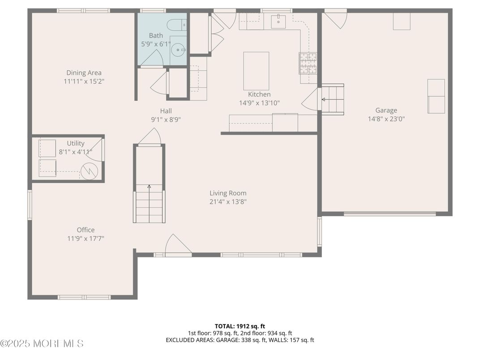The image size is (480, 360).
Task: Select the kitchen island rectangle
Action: click(256, 71)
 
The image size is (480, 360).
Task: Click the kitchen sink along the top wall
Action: click(279, 19)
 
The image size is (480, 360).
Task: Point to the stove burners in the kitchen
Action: click(308, 63)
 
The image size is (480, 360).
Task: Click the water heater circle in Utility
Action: click(89, 170)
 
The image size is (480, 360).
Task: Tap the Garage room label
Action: click(386, 110)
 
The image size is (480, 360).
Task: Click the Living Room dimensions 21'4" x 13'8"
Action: click(228, 201)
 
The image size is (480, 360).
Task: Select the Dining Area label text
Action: click(84, 73)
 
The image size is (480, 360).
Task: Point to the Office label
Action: click(86, 230)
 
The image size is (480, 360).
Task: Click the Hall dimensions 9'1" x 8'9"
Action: click(166, 120)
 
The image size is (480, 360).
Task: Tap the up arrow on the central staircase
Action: click(149, 188)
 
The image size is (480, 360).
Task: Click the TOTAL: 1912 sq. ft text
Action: click(240, 326)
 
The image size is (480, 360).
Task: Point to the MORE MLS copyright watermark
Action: click(42, 343)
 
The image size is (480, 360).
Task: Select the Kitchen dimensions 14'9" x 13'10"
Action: click(259, 103)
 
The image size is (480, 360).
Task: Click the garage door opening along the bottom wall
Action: click(390, 214)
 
